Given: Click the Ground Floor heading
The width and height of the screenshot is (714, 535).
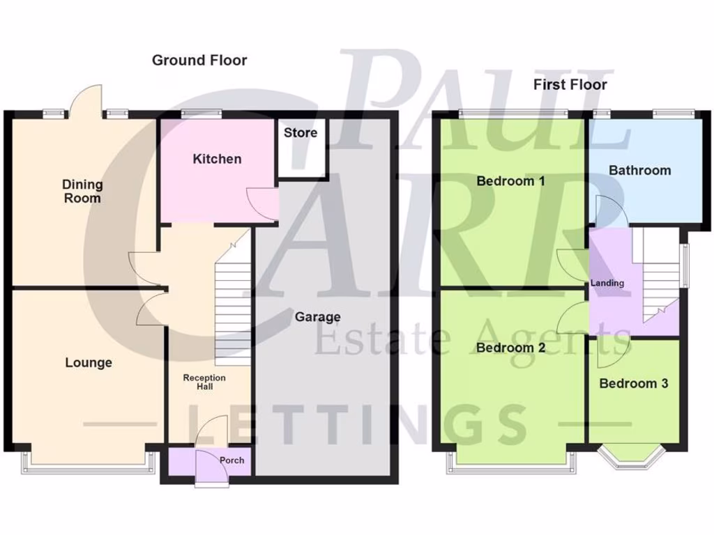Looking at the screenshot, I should coord(199,61).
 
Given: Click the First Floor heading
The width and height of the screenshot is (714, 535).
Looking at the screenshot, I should coord(570,85).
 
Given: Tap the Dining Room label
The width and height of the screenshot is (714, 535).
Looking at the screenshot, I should coord(82,192).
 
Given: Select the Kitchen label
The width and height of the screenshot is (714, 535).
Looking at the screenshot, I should coord(217,159).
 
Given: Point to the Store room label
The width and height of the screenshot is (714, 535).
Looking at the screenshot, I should coord(301,132).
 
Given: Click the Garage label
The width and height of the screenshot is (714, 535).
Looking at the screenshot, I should coord(317,317).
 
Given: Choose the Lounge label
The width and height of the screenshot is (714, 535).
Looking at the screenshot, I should coord(89,363).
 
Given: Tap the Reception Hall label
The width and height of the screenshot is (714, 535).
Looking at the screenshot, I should coord(204,382).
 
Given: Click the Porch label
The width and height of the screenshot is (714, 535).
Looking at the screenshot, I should coord(232,460).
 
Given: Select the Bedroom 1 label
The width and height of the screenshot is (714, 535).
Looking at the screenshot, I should coord(510,181).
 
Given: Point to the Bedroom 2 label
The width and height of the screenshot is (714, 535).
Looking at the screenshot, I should coord(510,348).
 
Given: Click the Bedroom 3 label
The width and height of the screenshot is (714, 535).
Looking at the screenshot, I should coord(633,383).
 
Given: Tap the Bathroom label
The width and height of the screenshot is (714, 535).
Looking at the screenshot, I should coord(639,170).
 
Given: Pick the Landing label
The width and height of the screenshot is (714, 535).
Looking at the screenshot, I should coord(607,283).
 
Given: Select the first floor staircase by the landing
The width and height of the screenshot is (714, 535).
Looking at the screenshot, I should coord(660,279).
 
